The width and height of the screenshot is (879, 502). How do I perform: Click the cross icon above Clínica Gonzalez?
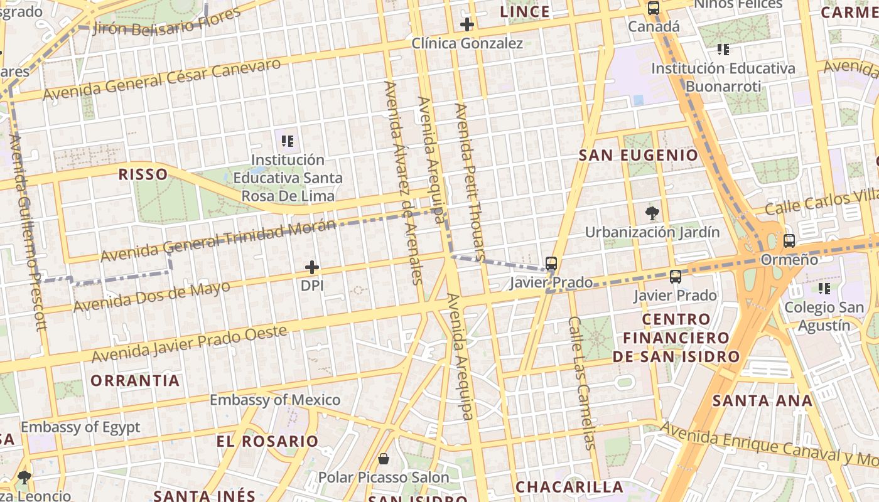tap(466, 25)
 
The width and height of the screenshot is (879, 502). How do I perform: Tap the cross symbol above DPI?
tap(312, 268)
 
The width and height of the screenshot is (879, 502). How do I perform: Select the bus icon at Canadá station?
tap(654, 8)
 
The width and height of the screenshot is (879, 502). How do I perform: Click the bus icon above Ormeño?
tap(789, 240)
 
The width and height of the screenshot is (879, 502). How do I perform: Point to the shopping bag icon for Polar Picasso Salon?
tap(383, 459)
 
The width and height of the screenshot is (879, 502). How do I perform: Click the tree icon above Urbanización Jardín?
tap(652, 213)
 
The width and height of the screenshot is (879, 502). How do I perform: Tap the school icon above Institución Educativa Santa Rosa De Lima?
tap(288, 141)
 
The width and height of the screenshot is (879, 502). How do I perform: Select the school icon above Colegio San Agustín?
tap(824, 289)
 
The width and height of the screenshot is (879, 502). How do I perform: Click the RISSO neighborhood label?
tap(143, 174)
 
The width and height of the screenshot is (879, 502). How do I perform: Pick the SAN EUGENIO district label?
tap(638, 156)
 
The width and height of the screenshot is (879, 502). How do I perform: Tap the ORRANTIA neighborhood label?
tap(135, 380)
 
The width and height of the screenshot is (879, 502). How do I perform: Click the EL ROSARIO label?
tap(267, 441)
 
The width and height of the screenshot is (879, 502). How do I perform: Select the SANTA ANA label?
tap(762, 400)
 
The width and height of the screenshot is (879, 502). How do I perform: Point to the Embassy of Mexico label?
tap(275, 400)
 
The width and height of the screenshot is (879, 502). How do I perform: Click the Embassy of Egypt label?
tap(80, 427)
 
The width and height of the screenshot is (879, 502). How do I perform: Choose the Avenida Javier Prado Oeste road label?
tap(189, 344)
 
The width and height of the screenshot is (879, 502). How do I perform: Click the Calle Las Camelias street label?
tap(581, 383)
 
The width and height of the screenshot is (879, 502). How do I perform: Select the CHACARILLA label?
tap(569, 487)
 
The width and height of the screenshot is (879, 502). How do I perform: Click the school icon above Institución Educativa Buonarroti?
tap(723, 49)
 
